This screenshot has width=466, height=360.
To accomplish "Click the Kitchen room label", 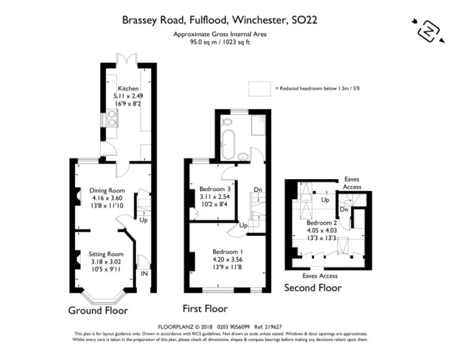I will [x=128, y=89].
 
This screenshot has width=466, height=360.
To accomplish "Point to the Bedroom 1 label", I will [x=228, y=252].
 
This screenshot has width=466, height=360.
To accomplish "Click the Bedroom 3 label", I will [x=215, y=189].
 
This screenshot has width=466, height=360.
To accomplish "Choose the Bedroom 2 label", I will [x=320, y=223].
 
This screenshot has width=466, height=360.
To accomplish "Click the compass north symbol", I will [x=427, y=30].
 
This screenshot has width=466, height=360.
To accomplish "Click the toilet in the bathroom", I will [x=227, y=122].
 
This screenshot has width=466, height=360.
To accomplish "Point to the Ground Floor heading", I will [x=98, y=310].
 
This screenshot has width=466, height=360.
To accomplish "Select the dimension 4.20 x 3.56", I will [x=228, y=259].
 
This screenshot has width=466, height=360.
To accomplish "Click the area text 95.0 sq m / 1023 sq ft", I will [x=220, y=42].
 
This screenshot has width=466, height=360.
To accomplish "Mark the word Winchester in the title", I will [x=258, y=20].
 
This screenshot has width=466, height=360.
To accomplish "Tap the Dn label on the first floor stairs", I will [x=258, y=190].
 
